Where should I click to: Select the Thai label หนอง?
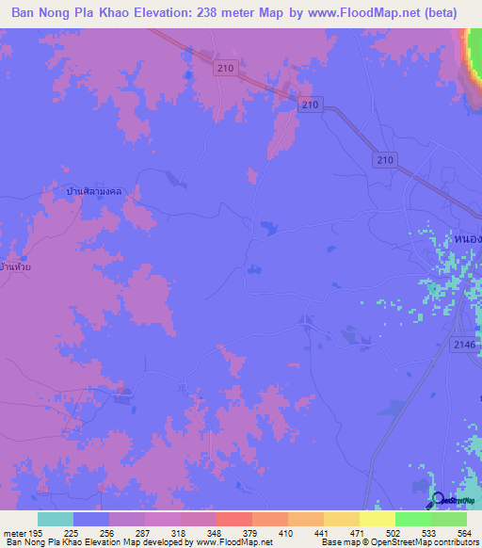(x=467, y=239)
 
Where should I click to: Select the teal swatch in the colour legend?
(x=56, y=519)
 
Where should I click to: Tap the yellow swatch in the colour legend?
(x=378, y=519)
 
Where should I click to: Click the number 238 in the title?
(x=221, y=13)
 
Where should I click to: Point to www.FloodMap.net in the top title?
(x=362, y=13)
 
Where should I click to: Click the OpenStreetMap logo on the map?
(x=454, y=500)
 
